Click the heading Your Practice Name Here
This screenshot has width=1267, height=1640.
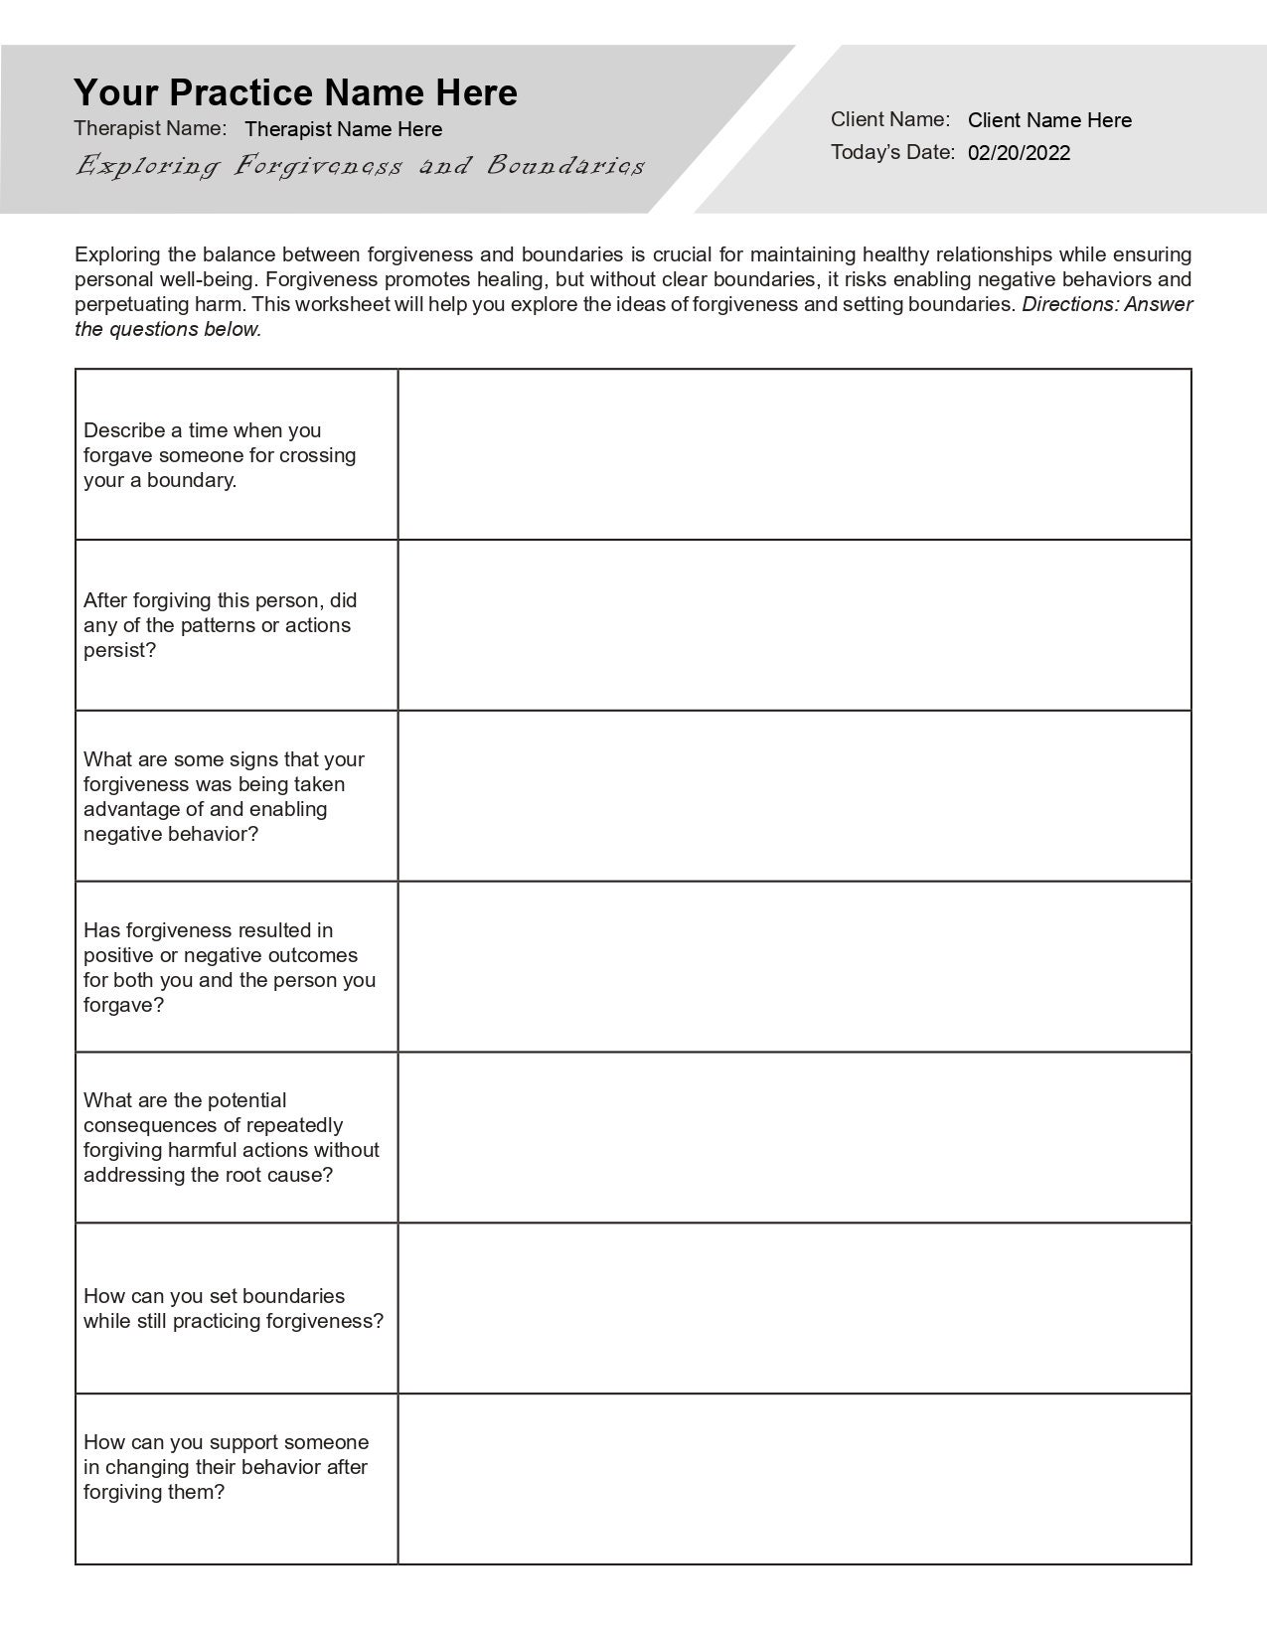(295, 92)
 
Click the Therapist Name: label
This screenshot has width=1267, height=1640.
(150, 128)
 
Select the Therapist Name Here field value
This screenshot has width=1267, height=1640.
(343, 129)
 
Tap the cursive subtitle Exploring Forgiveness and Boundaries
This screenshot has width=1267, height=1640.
(360, 165)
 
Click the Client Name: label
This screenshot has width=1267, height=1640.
(890, 119)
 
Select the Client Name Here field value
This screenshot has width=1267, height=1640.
(1049, 120)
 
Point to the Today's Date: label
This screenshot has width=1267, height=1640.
(892, 152)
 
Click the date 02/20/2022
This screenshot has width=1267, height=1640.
(1019, 153)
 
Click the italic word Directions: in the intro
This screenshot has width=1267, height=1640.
(1070, 304)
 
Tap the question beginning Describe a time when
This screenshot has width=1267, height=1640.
(220, 455)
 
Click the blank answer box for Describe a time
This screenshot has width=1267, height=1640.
(794, 455)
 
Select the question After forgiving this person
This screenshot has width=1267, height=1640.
(220, 625)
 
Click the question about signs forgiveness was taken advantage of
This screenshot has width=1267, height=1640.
(224, 796)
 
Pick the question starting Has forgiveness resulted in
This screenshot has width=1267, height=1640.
(230, 967)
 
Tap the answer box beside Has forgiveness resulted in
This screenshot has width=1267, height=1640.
(794, 967)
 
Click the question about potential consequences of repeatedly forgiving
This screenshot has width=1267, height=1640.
(231, 1137)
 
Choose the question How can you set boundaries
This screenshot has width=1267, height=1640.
(233, 1308)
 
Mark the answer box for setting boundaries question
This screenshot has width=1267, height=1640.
(794, 1308)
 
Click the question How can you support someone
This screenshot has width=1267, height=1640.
(226, 1467)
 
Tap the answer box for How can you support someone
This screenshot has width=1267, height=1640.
(794, 1479)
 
